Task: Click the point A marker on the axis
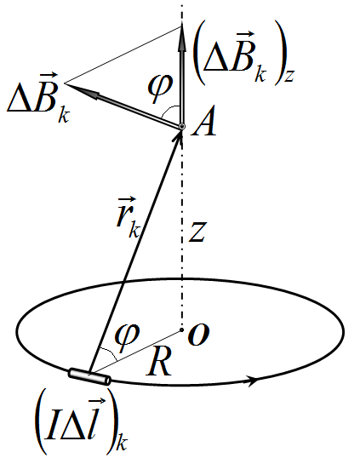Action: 182,127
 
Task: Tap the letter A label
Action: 203,122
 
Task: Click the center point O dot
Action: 182,329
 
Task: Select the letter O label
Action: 199,335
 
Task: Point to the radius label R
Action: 159,362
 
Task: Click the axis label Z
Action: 197,232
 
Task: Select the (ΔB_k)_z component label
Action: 243,54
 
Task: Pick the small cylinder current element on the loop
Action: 89,376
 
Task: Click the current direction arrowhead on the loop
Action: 252,381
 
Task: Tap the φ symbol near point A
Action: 160,85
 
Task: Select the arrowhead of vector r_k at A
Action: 179,135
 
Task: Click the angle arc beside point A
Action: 169,109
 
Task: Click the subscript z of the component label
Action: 289,76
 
